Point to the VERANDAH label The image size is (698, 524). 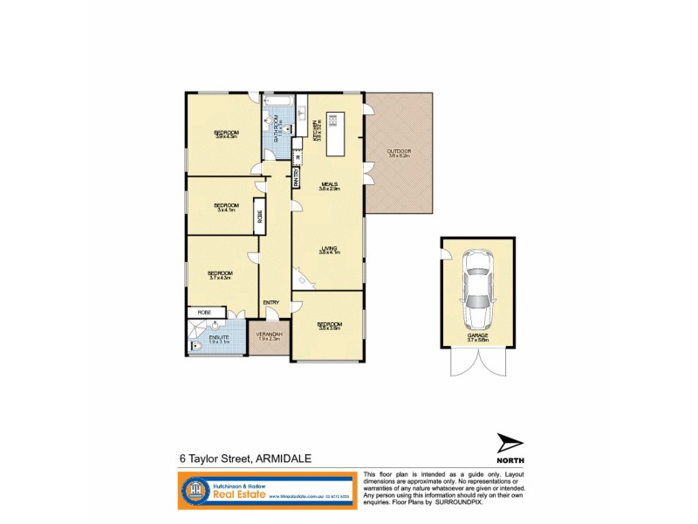[268, 335]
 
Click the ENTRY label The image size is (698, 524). [271, 303]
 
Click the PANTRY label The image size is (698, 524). [297, 178]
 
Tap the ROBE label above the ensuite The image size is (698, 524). [204, 312]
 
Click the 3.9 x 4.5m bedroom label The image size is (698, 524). [227, 134]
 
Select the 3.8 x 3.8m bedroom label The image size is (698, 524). [330, 326]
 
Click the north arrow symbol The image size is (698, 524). [510, 443]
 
